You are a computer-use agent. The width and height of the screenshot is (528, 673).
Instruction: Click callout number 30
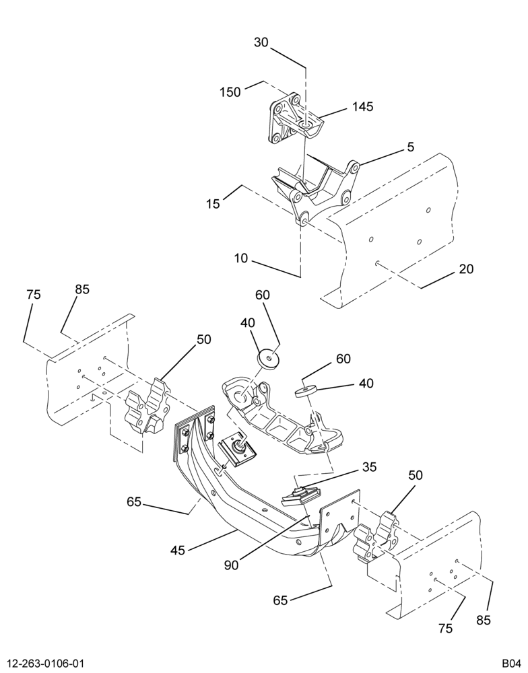pos(261,42)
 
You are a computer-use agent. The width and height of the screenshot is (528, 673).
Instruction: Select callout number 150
pos(230,92)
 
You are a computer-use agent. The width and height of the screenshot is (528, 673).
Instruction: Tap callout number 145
pos(363,106)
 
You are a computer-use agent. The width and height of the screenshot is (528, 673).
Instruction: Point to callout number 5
pos(411,147)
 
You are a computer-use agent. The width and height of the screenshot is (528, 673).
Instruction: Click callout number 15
pos(213,203)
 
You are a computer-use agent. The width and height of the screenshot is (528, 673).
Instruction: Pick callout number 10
pos(242,258)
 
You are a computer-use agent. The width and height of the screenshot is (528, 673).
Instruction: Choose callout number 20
pos(466,269)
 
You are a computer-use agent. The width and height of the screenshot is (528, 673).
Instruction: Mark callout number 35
pos(369,466)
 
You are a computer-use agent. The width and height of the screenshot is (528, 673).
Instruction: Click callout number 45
pos(177,550)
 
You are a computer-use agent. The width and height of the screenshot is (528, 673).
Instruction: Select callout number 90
pos(231,565)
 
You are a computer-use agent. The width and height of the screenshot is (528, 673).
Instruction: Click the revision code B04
pos(510,663)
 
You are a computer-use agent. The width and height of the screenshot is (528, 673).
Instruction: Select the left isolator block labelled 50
pos(147,404)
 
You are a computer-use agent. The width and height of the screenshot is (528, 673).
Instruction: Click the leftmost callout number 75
pos(34,295)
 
